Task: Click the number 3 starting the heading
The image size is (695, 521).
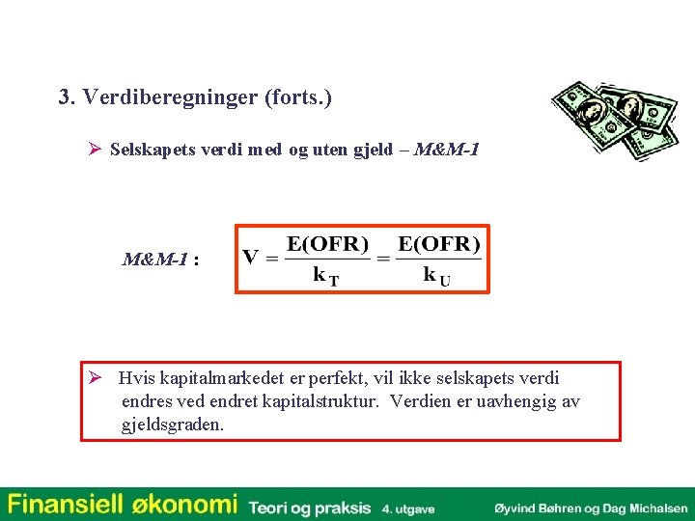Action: pos(65,98)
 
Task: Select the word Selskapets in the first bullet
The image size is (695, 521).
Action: pos(149,151)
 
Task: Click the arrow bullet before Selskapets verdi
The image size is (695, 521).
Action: pos(95,151)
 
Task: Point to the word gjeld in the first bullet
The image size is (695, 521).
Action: pos(379,151)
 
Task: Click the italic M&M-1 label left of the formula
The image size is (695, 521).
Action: pos(154,260)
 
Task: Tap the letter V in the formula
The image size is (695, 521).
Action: pos(250,258)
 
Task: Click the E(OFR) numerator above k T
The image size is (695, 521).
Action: pos(328,242)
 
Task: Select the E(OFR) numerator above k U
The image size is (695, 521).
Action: pos(439,242)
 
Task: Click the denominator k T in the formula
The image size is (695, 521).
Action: pos(325,275)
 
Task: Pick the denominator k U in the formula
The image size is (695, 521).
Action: pos(436,275)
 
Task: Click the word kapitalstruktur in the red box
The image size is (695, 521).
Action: pos(320,401)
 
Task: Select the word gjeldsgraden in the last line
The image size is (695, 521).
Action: pos(173,425)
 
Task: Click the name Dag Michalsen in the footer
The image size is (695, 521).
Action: pos(651,507)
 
